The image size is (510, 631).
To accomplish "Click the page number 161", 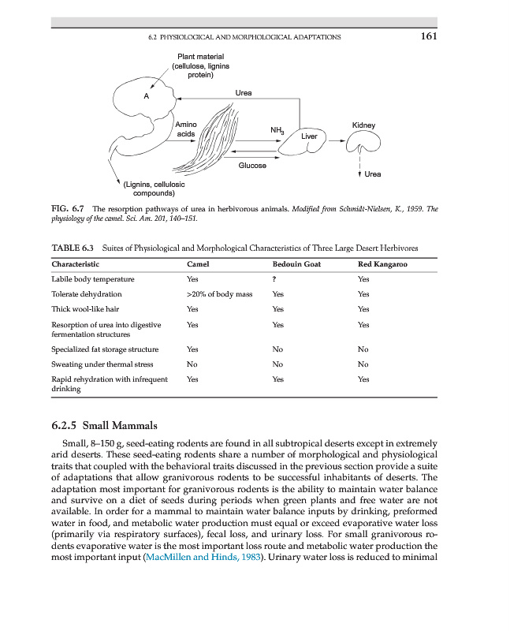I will (x=428, y=36).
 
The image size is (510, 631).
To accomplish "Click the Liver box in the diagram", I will (x=310, y=136).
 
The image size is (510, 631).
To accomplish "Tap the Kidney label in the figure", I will (x=363, y=125).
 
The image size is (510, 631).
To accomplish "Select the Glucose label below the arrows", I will (x=252, y=166).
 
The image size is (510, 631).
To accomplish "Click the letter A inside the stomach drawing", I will (x=145, y=95).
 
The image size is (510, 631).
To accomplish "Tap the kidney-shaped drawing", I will (x=363, y=144).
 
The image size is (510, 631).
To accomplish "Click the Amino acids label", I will (x=185, y=129).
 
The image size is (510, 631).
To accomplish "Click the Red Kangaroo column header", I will (x=382, y=264).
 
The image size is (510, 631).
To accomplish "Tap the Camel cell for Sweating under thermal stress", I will (x=192, y=364).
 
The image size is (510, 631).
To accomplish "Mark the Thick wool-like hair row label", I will (x=84, y=309).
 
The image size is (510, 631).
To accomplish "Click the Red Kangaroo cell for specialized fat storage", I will (x=363, y=349).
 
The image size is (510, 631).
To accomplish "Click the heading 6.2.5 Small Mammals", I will (x=104, y=427).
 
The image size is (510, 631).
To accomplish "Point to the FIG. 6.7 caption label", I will (x=69, y=211).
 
